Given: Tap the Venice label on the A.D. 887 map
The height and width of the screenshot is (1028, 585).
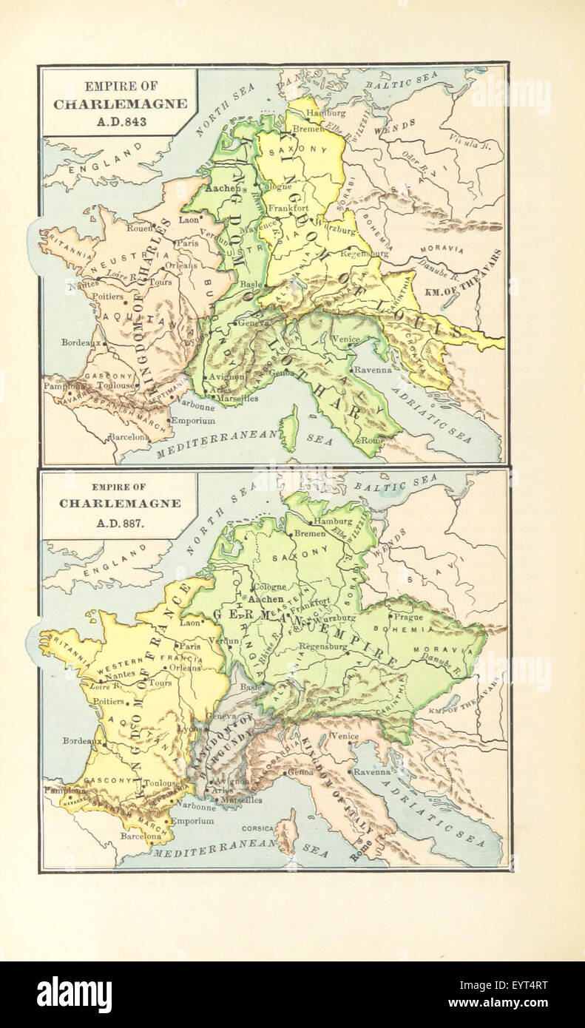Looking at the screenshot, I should tap(345, 737).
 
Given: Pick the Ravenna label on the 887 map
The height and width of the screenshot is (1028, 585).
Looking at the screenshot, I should tap(371, 771).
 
